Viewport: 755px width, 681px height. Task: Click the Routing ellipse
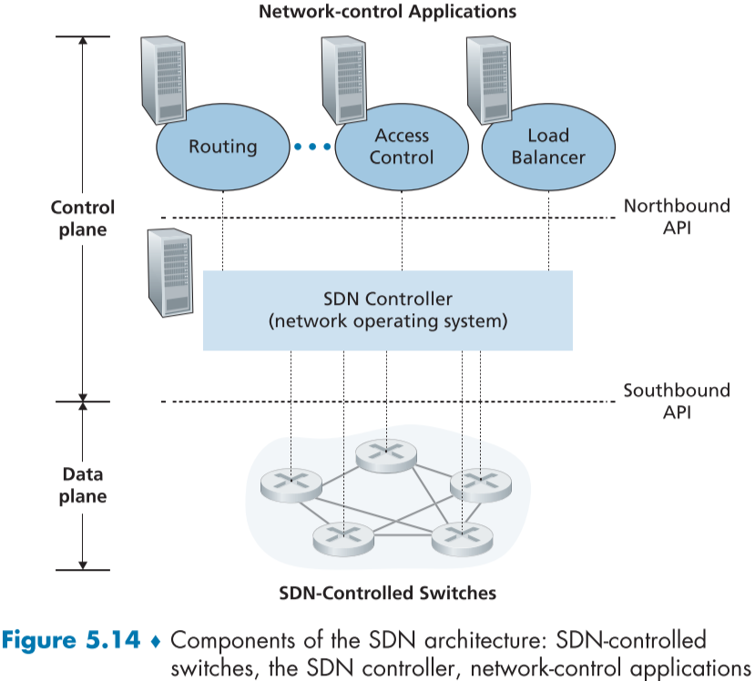click(x=222, y=147)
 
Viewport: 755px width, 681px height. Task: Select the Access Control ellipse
click(x=403, y=147)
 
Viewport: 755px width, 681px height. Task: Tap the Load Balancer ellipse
click(x=548, y=147)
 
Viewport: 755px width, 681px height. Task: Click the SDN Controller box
click(x=387, y=310)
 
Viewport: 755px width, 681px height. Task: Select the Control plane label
click(x=83, y=219)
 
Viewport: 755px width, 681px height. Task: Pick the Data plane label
click(x=83, y=485)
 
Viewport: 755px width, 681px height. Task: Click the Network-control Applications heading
click(x=387, y=13)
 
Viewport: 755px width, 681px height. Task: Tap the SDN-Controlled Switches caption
click(x=387, y=594)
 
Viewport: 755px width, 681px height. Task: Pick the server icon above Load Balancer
click(x=488, y=77)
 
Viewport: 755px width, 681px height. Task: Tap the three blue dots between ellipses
click(x=312, y=147)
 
